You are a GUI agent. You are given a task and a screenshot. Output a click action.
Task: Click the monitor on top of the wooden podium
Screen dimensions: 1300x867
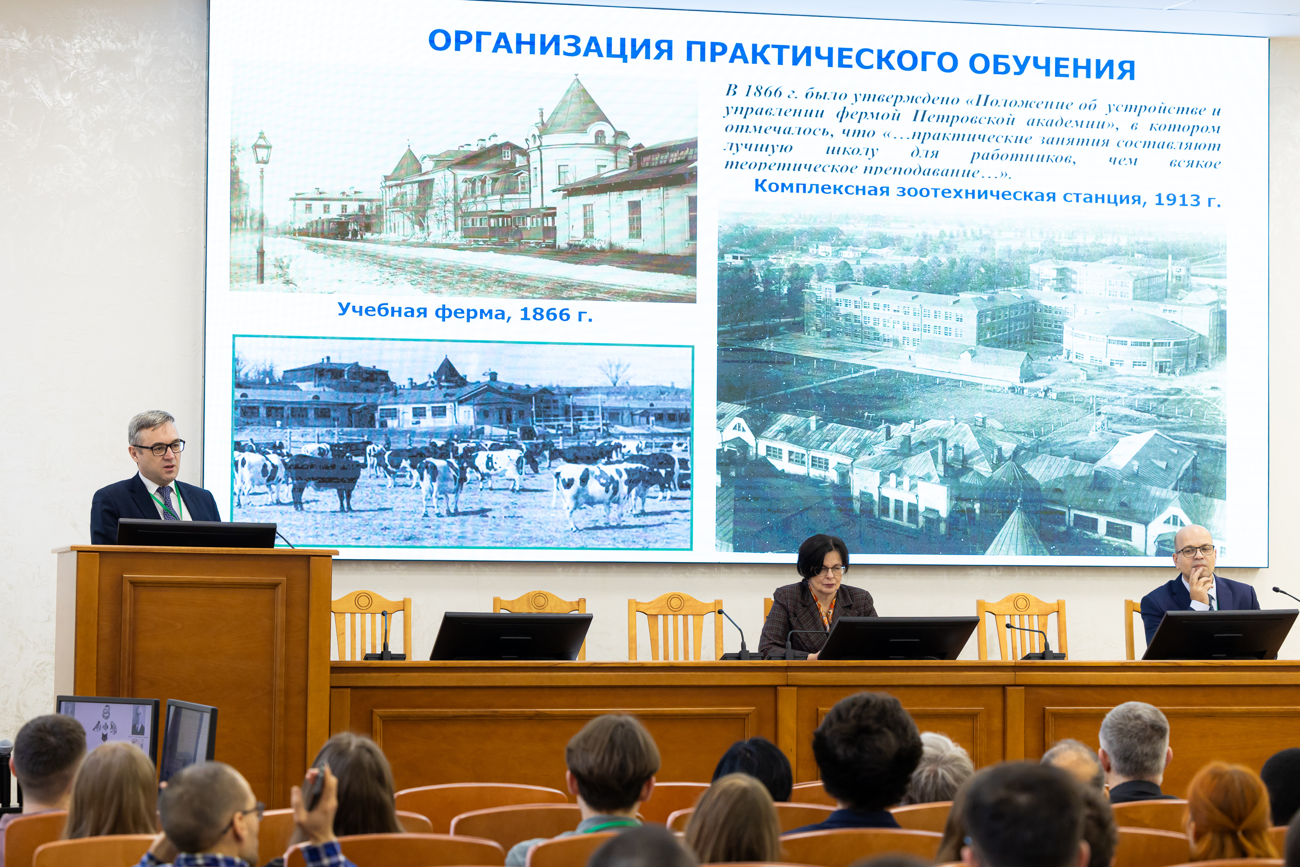click(x=196, y=533)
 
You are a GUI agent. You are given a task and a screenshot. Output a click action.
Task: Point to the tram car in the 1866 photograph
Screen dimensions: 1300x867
click(x=508, y=225)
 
